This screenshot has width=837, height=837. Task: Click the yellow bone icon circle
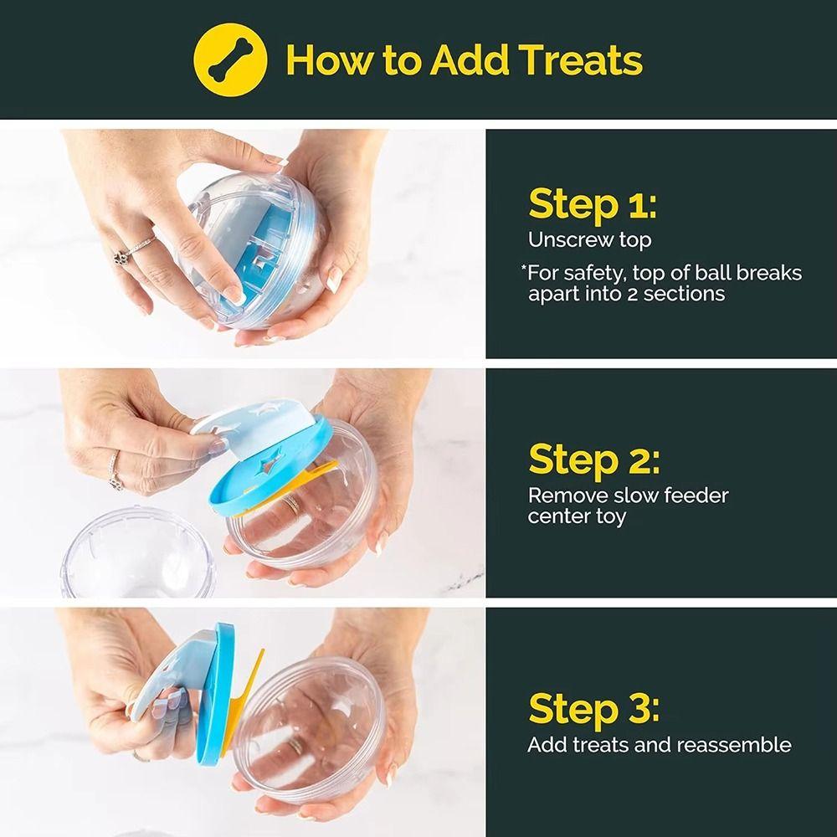pos(230,59)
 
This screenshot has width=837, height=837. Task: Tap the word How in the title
pos(329,59)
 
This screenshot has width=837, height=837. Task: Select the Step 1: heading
pos(592,204)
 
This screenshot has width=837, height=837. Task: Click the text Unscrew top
pos(589,240)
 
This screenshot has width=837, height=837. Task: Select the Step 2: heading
pos(593,460)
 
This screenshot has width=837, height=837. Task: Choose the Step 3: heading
pos(593,709)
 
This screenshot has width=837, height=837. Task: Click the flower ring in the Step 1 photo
pos(121,257)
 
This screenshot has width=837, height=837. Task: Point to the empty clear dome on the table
pos(138,552)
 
